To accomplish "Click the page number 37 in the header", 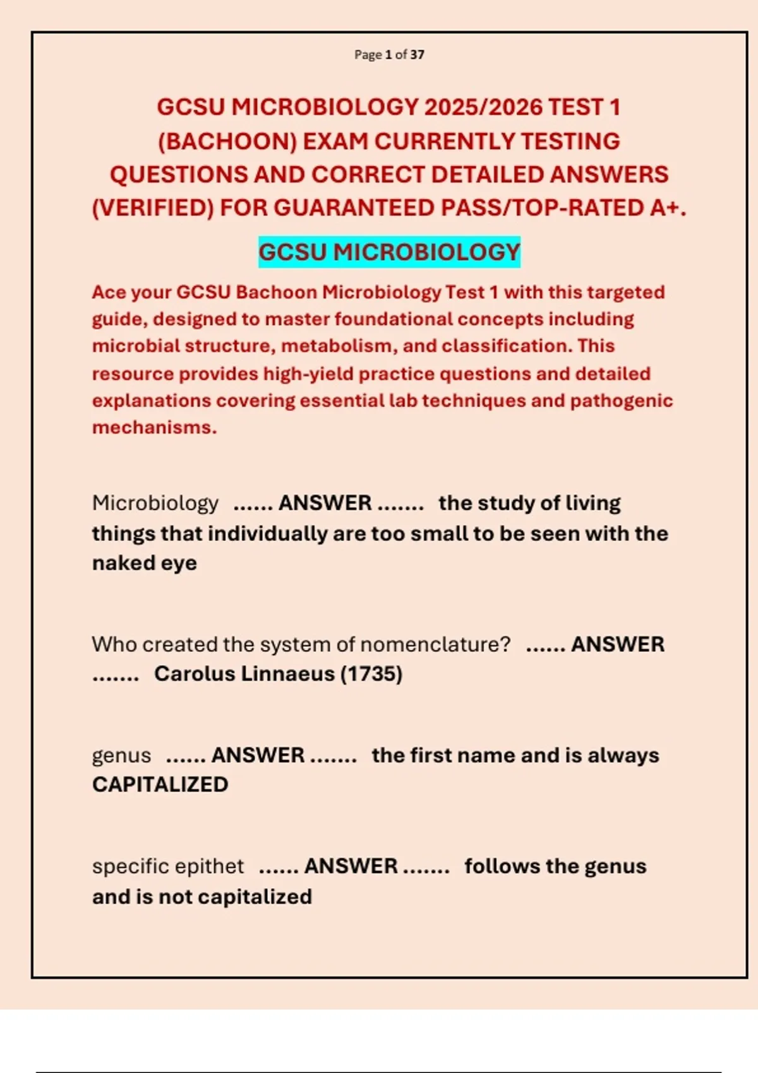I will click(417, 55).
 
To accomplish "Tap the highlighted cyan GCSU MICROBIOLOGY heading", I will click(389, 252).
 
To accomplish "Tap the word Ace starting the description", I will click(109, 292).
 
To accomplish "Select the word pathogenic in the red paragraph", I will click(622, 401).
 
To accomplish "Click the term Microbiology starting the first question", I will click(155, 503).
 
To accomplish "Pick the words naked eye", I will click(145, 563).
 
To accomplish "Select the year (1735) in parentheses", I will click(371, 674).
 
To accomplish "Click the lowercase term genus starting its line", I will click(121, 756).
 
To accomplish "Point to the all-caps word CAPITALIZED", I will click(160, 785).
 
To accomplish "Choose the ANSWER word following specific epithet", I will click(351, 867).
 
